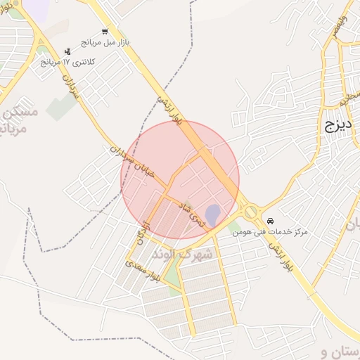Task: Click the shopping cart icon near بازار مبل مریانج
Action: point(105,32)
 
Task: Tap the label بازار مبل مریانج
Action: point(105,43)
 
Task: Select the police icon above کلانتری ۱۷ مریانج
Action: point(67,51)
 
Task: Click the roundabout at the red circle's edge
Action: point(250,211)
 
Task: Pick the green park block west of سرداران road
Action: point(61,106)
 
